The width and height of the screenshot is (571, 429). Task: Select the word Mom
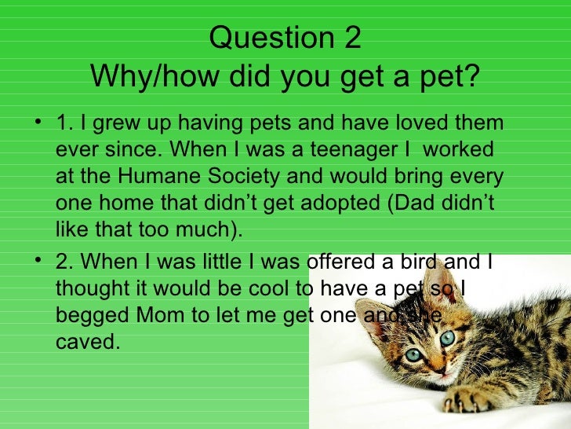[x=159, y=315]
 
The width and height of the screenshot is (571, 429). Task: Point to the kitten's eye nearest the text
[x=413, y=354]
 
